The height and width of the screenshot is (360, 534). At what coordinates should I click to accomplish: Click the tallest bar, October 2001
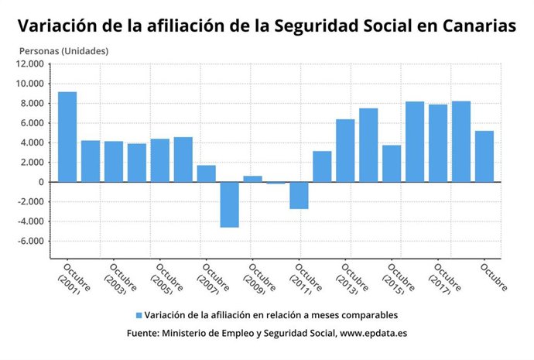tap(67, 137)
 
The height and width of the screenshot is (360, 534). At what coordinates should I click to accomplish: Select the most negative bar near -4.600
tap(230, 204)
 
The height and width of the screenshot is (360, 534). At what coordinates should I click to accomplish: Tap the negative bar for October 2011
tap(299, 195)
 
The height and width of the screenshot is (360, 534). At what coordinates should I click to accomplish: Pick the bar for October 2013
tap(345, 151)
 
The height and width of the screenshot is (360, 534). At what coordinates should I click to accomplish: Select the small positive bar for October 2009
tap(253, 179)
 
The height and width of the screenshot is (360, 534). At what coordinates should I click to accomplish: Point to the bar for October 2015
tap(392, 163)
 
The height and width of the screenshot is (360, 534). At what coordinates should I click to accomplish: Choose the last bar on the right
tap(484, 156)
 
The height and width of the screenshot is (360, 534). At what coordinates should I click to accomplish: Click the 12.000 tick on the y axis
tap(33, 64)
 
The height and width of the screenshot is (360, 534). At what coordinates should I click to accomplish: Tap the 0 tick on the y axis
tap(43, 182)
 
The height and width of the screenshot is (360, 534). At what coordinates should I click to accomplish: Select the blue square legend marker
tap(139, 315)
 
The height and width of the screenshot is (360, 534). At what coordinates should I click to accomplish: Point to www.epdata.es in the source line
tap(374, 333)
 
